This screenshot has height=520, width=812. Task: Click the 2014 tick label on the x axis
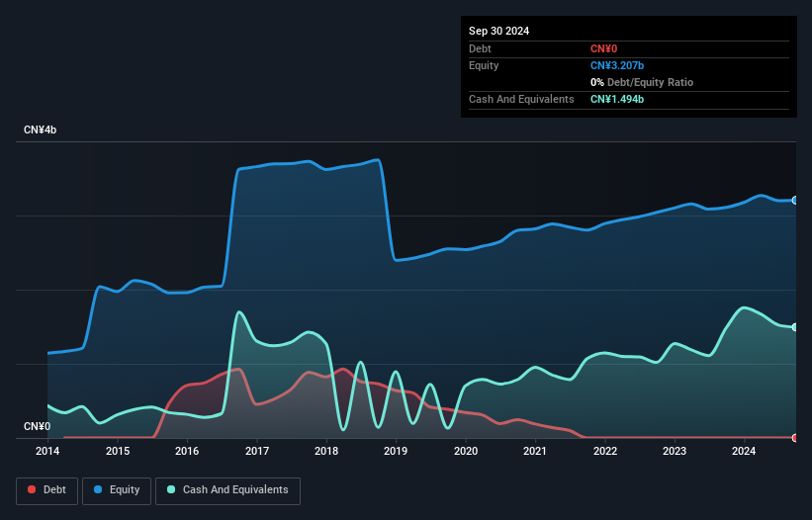point(47,451)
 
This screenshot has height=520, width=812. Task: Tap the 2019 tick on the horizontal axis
point(396,451)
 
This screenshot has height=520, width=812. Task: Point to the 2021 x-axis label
point(535,451)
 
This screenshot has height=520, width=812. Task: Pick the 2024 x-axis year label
point(744,451)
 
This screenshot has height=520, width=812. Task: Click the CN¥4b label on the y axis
point(41,130)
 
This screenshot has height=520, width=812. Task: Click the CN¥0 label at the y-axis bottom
point(37,427)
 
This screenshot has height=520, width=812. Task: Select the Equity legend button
point(117,489)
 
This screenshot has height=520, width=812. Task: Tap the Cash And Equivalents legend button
point(227,489)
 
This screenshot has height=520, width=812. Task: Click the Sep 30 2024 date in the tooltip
point(498,31)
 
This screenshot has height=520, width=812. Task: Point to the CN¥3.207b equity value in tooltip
point(617,65)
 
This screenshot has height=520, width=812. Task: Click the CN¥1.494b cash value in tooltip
point(617,99)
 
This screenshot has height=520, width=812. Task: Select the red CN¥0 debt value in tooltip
point(603,48)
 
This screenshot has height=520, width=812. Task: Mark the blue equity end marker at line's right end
point(795,200)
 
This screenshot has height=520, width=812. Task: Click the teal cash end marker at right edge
point(795,326)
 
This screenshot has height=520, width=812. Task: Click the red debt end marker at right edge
point(795,437)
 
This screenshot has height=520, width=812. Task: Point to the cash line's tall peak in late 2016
point(239,312)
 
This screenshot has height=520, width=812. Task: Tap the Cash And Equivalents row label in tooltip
point(521,99)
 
